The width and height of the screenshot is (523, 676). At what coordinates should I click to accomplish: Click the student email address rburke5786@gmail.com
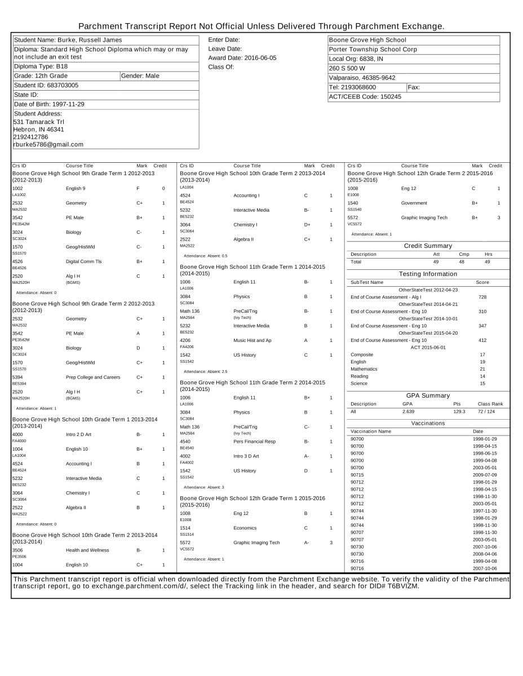[48, 144]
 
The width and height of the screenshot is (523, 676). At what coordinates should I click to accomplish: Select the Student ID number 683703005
[63, 85]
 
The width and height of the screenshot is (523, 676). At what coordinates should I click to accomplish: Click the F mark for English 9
[138, 188]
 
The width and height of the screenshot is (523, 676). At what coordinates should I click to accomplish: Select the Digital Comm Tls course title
[85, 261]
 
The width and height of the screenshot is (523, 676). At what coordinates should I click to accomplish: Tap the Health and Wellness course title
[87, 550]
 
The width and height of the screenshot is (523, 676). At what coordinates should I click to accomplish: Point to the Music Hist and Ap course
[252, 340]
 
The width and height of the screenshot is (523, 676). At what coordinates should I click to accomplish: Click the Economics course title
[245, 528]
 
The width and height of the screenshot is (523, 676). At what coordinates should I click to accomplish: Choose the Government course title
[414, 203]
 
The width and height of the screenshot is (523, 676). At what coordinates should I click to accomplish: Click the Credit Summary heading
[428, 246]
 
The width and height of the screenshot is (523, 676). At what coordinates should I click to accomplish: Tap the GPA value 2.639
[409, 412]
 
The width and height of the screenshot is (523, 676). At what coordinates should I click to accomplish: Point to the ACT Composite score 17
[482, 354]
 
